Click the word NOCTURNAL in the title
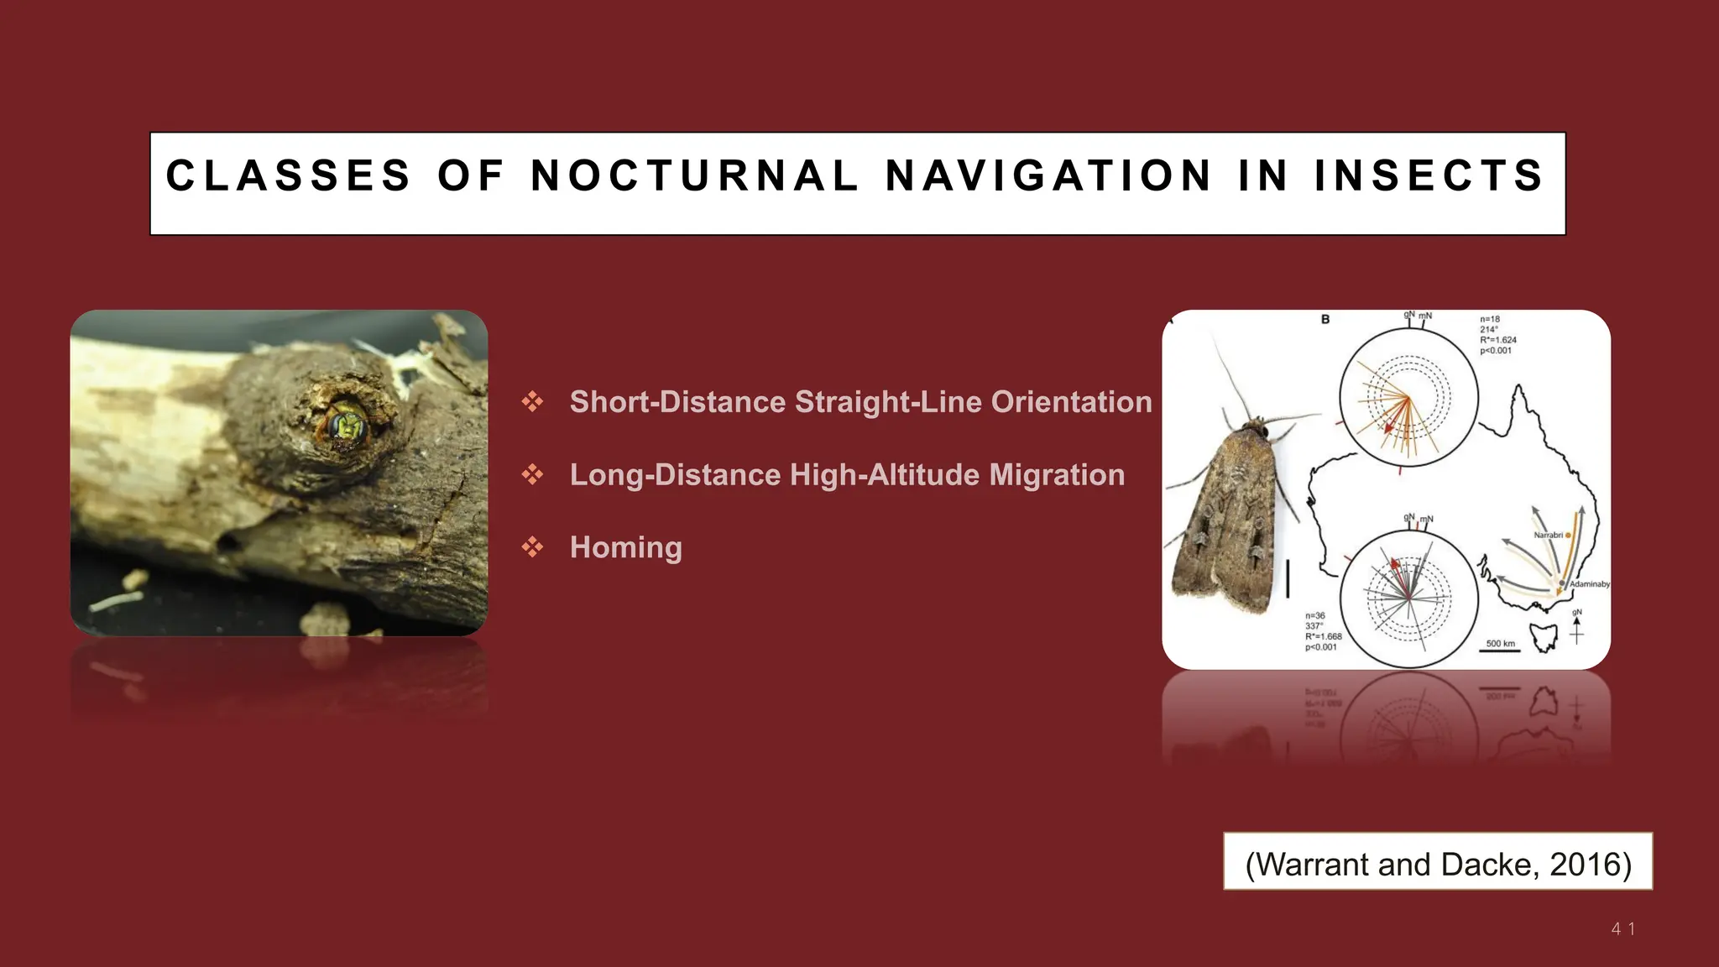click(695, 176)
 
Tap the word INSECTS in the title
click(1429, 176)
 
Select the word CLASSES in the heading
click(288, 176)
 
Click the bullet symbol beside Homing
click(532, 547)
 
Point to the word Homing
click(625, 547)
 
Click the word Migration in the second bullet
click(1057, 475)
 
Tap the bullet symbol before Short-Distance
click(532, 402)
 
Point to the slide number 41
click(1622, 929)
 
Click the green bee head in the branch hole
click(345, 423)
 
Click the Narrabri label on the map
click(1548, 535)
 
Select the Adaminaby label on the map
click(1589, 583)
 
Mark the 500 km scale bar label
click(1501, 644)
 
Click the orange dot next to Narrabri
click(1568, 535)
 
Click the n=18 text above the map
click(1490, 319)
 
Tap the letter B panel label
click(1325, 319)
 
